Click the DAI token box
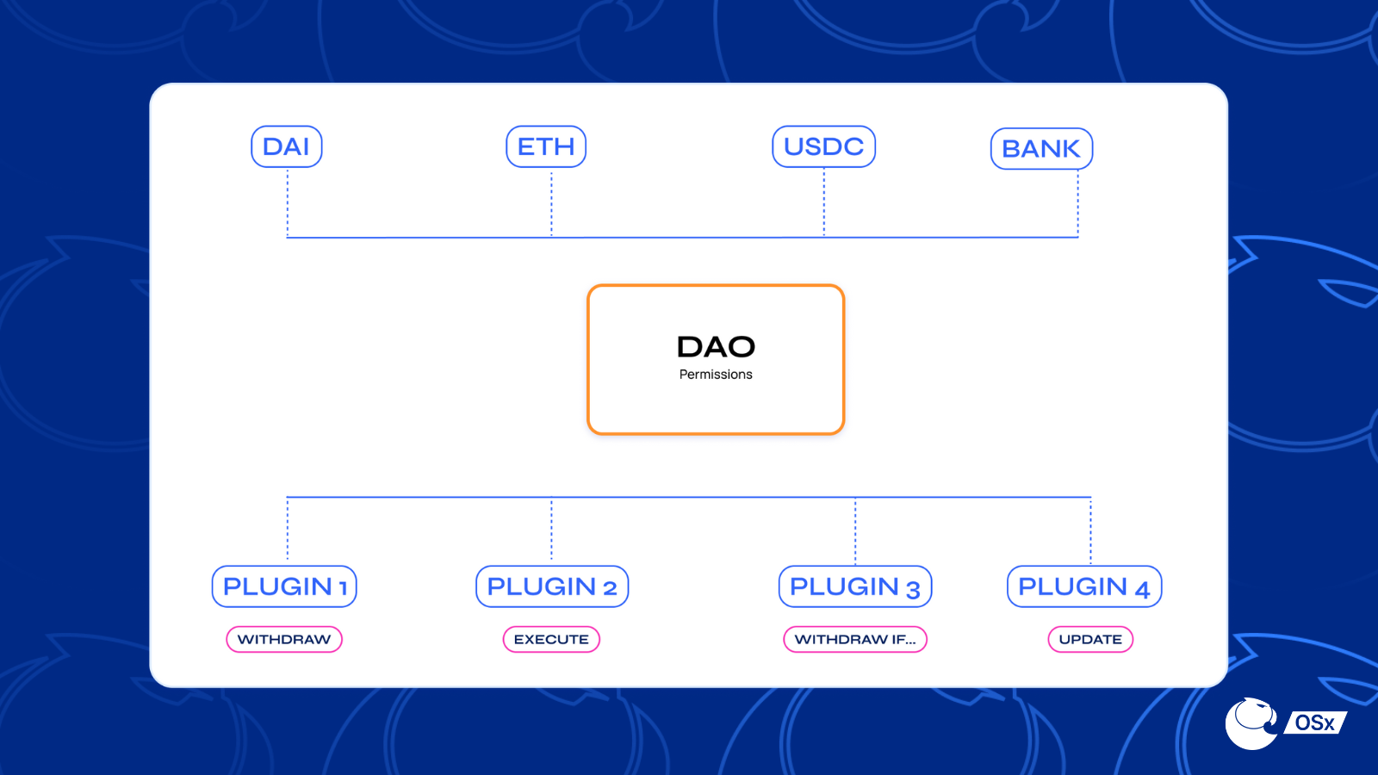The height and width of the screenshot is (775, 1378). click(x=286, y=146)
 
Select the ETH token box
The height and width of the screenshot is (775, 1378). click(x=545, y=146)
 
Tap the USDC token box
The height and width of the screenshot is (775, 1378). click(x=823, y=146)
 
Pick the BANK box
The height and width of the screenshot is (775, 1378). click(x=1041, y=149)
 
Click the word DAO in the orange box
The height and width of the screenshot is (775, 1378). click(x=716, y=347)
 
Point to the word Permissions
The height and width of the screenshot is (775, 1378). click(x=716, y=375)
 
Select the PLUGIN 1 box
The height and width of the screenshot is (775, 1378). click(x=284, y=586)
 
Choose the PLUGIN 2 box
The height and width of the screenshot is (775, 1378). click(x=551, y=586)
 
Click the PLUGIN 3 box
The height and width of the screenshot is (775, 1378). click(x=854, y=586)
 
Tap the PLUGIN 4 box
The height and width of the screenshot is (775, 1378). click(x=1083, y=586)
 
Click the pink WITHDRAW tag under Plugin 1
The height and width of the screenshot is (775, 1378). click(x=284, y=639)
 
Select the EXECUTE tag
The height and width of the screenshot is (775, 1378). click(x=551, y=639)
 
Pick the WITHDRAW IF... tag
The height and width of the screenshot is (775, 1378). click(x=854, y=639)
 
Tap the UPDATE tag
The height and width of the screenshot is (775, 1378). click(x=1089, y=639)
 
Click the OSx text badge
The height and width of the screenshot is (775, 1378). click(x=1315, y=723)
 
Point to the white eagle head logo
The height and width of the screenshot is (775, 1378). click(x=1251, y=723)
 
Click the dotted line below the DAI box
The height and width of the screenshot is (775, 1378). click(x=288, y=202)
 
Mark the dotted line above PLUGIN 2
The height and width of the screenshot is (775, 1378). click(x=551, y=530)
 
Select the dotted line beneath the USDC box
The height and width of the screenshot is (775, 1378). click(x=824, y=202)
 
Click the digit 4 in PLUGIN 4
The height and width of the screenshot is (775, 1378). click(x=1142, y=590)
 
